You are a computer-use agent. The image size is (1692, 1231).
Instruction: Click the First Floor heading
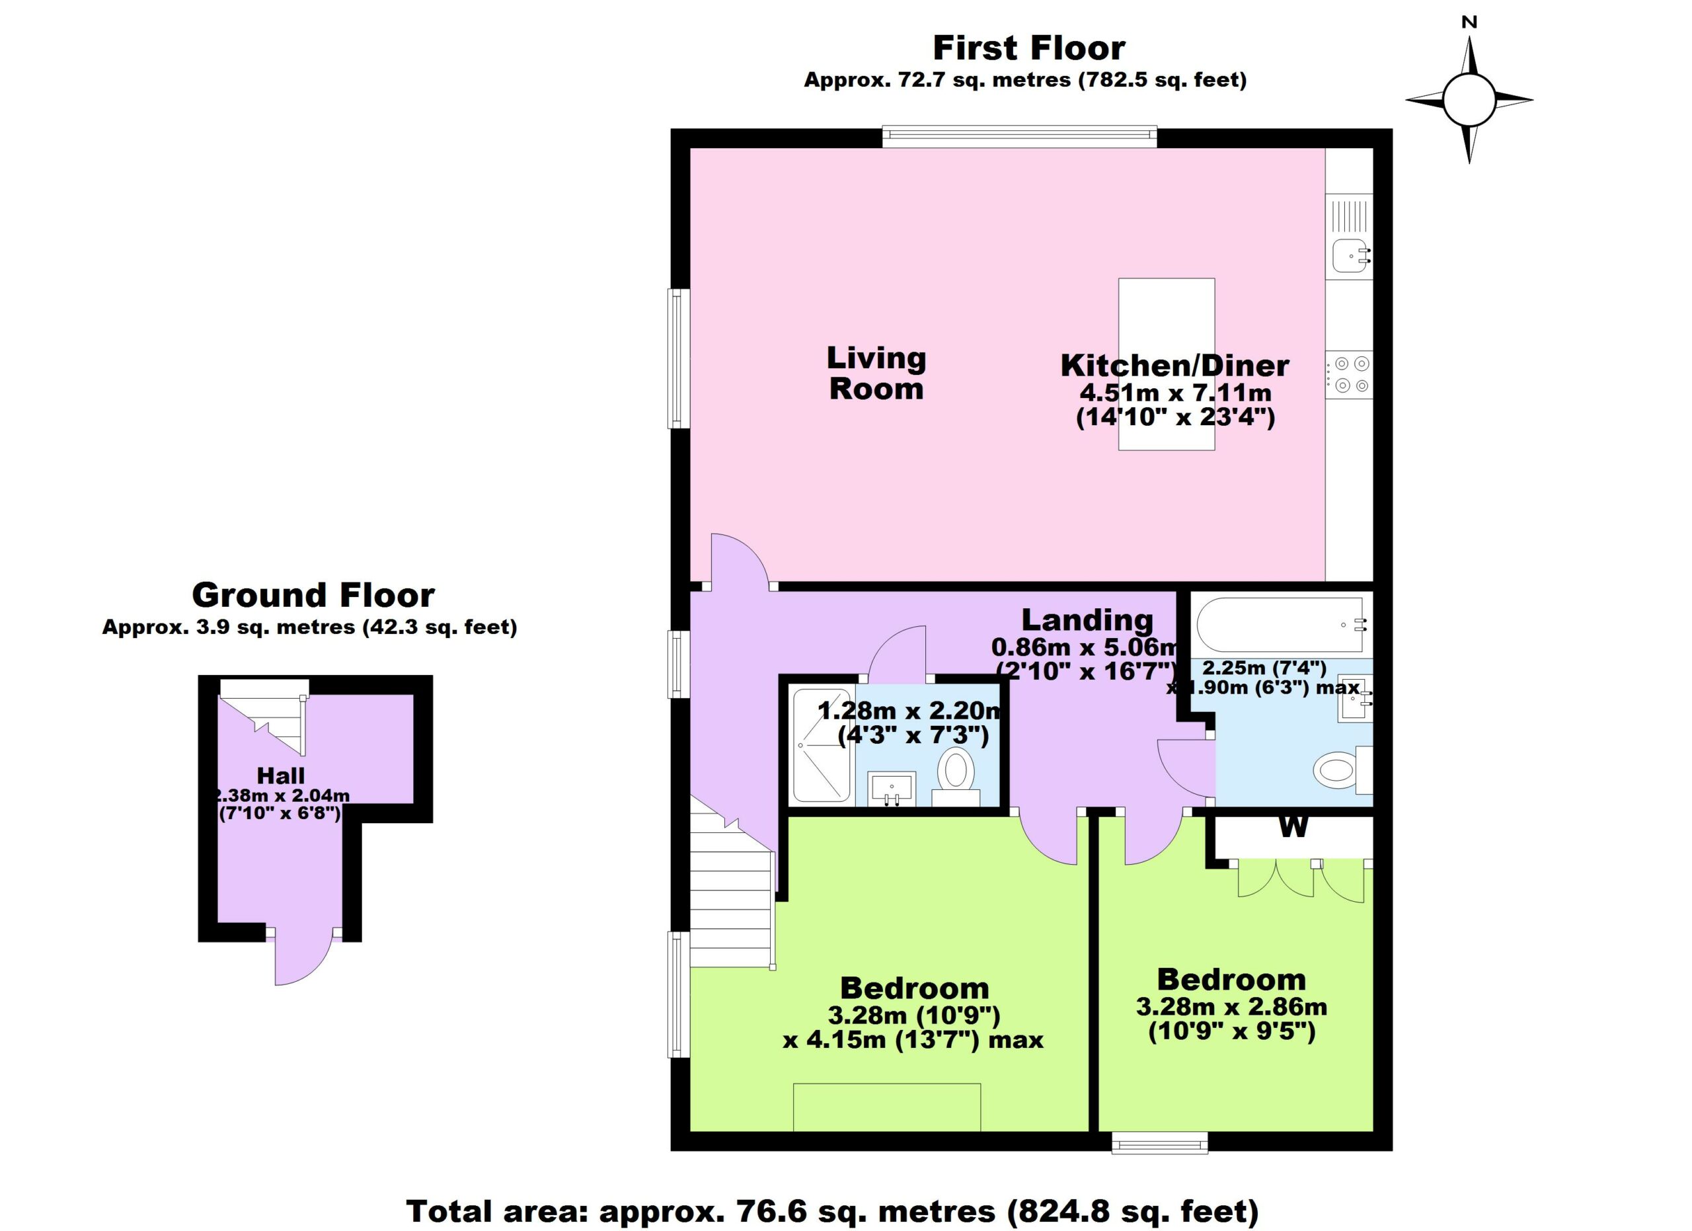tap(1029, 48)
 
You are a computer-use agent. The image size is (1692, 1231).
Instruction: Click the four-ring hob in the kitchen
tap(1349, 374)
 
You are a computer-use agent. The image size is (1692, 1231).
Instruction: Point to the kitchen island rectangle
tap(1167, 364)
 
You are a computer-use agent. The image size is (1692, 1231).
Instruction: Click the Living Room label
tap(876, 373)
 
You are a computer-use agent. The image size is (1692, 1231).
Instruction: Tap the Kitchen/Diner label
tap(1175, 366)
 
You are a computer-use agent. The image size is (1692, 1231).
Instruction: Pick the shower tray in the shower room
tap(822, 745)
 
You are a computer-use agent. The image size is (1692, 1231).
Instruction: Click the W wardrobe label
tap(1293, 826)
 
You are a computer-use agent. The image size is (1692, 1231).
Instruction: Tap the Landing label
tap(1087, 620)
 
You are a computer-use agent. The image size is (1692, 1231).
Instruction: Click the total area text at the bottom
tap(832, 1212)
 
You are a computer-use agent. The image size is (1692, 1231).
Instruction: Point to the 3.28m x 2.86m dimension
tap(1232, 1007)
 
